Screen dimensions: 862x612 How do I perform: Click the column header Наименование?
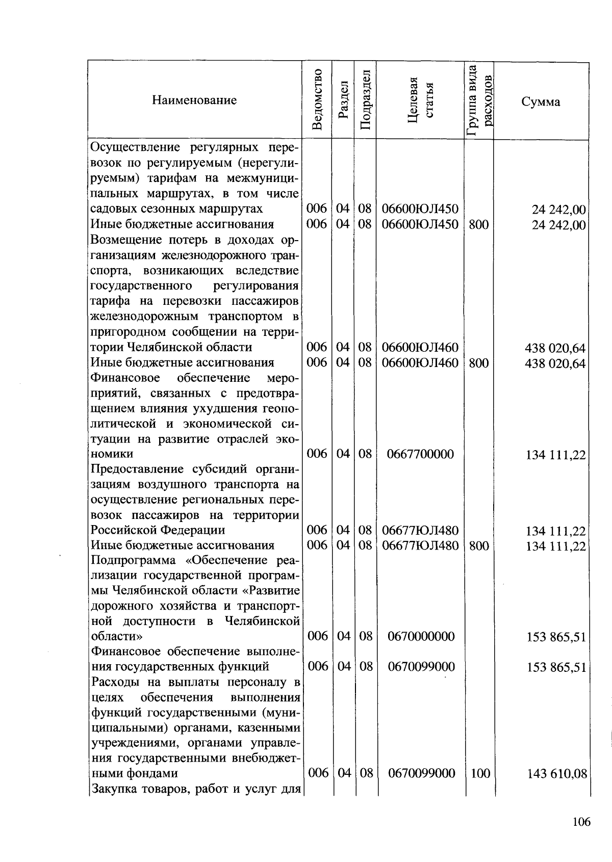(194, 100)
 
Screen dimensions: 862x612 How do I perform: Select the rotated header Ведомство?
(317, 100)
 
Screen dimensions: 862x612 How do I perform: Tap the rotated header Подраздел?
(365, 100)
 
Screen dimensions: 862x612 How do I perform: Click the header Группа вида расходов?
(479, 100)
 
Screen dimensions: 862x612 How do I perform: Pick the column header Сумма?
(541, 102)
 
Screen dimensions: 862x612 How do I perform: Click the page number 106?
(581, 822)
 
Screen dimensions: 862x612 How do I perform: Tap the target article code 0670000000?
(420, 637)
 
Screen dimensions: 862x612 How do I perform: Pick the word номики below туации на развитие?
(112, 454)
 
